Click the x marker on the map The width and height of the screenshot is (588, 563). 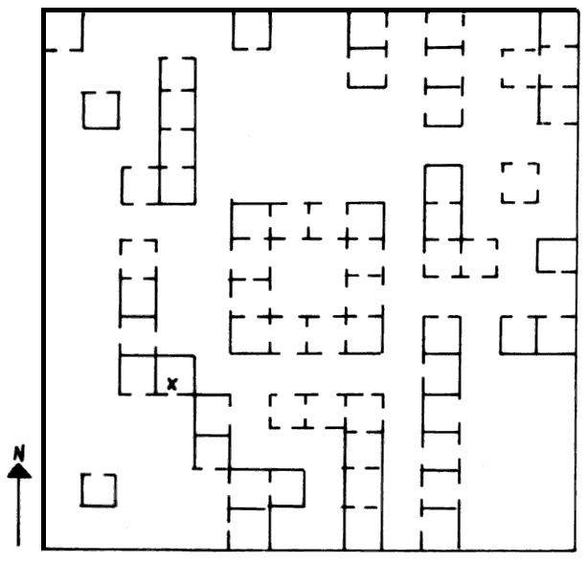click(x=171, y=384)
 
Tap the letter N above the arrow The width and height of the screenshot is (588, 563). click(x=19, y=453)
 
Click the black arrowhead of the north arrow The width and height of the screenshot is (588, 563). click(x=19, y=471)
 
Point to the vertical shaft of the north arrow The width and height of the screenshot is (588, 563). click(x=18, y=512)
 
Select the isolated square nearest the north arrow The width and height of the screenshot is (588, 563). click(x=99, y=490)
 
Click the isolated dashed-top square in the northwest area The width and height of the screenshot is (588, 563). click(x=102, y=110)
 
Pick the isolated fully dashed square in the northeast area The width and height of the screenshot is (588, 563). click(x=521, y=183)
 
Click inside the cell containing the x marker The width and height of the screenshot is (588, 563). click(x=175, y=374)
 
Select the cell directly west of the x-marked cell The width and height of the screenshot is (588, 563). click(x=138, y=374)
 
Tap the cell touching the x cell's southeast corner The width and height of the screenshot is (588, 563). click(x=213, y=415)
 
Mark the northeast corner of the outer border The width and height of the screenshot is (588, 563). click(x=577, y=11)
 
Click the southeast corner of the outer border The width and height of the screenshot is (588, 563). click(x=576, y=550)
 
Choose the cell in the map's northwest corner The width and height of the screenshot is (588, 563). click(x=64, y=31)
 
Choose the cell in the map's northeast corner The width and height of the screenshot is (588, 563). click(x=558, y=30)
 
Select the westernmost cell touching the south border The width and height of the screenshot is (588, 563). click(x=249, y=529)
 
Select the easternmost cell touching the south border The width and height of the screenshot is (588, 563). click(x=440, y=529)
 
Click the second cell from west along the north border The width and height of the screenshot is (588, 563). click(x=252, y=31)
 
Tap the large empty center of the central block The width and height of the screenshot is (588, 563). click(x=307, y=278)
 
